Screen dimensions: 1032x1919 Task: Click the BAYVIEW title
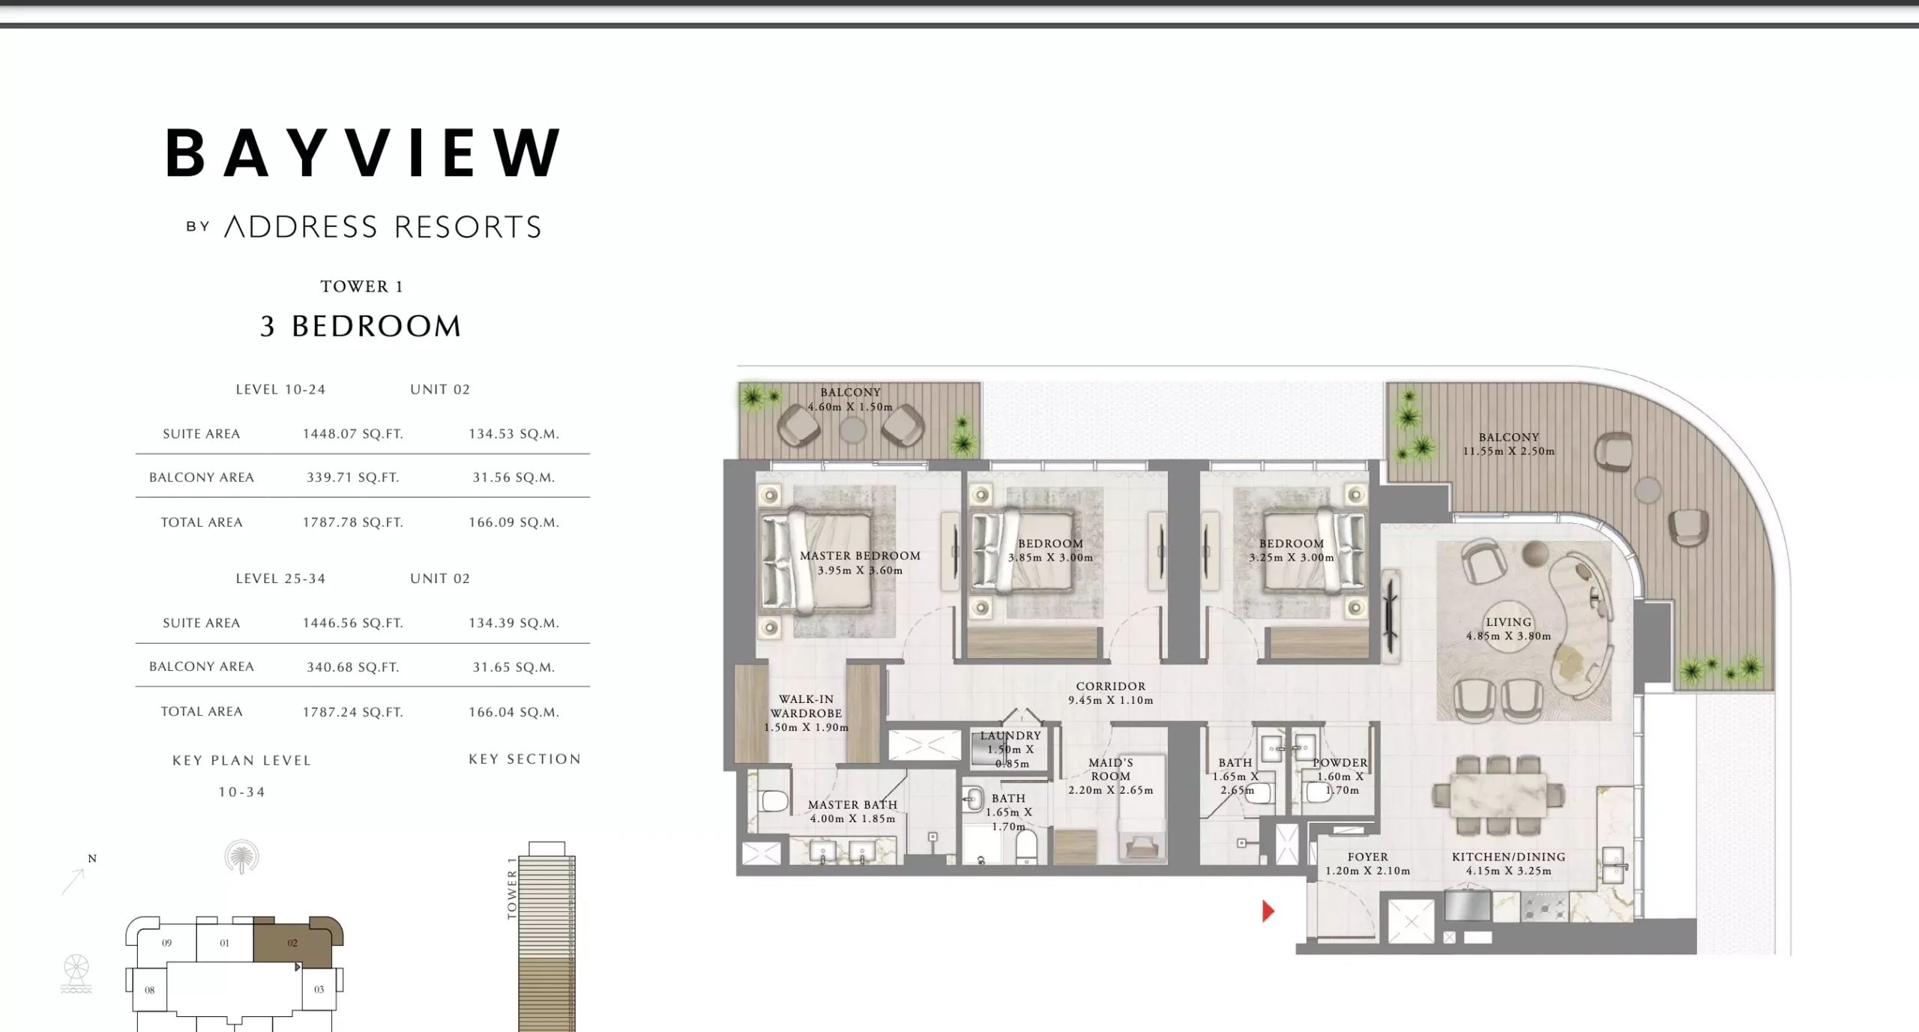pyautogui.click(x=364, y=153)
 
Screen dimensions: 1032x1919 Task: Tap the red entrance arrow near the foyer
pyautogui.click(x=1268, y=911)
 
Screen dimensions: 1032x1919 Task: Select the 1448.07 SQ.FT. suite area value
pyautogui.click(x=352, y=434)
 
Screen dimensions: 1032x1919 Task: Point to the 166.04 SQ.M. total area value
pyautogui.click(x=513, y=712)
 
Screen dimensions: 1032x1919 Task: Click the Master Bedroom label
pyautogui.click(x=860, y=556)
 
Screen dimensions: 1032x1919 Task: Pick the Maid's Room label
pyautogui.click(x=1110, y=770)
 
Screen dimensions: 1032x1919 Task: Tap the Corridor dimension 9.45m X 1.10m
pyautogui.click(x=1110, y=701)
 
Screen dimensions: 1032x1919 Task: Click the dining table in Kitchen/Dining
pyautogui.click(x=1498, y=794)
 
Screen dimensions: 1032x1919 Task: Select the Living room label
pyautogui.click(x=1508, y=622)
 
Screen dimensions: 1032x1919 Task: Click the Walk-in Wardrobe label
pyautogui.click(x=806, y=706)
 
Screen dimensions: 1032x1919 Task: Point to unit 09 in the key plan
pyautogui.click(x=166, y=943)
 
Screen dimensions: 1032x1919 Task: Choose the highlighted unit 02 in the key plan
pyautogui.click(x=292, y=943)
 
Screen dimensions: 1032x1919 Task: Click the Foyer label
pyautogui.click(x=1367, y=857)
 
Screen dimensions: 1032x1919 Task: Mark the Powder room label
pyautogui.click(x=1340, y=763)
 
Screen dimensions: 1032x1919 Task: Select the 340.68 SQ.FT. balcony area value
pyautogui.click(x=352, y=667)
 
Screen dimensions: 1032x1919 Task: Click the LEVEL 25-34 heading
pyautogui.click(x=280, y=579)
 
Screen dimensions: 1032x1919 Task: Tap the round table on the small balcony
pyautogui.click(x=852, y=429)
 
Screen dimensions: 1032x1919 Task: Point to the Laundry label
pyautogui.click(x=1010, y=736)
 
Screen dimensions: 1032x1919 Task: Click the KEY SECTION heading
pyautogui.click(x=525, y=759)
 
